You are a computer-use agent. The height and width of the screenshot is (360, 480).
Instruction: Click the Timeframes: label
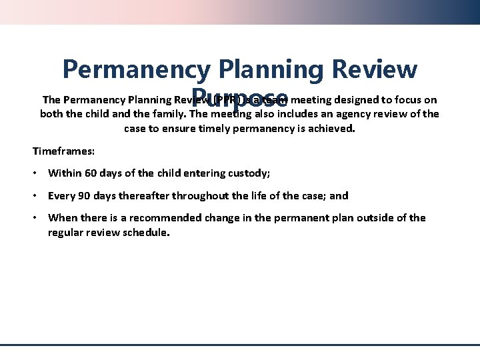61,151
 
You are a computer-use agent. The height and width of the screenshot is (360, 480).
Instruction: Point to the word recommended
163,218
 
